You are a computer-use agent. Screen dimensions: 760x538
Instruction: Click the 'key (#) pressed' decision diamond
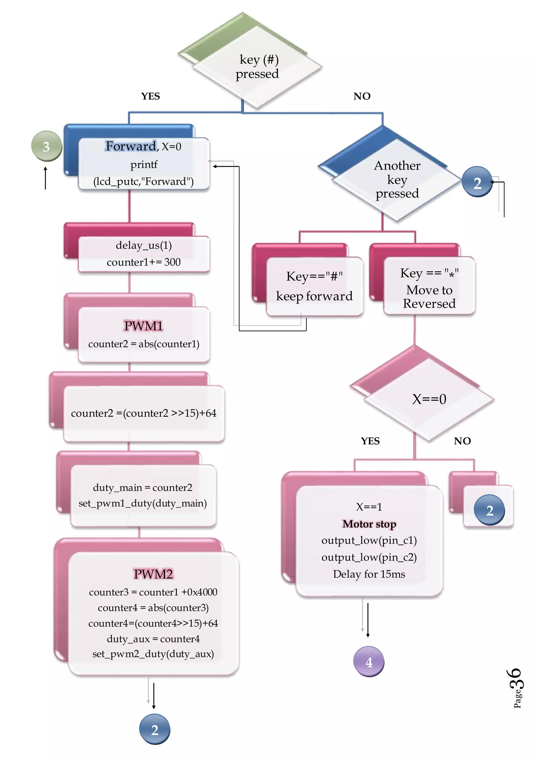[257, 67]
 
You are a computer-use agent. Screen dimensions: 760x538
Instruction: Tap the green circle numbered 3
[46, 146]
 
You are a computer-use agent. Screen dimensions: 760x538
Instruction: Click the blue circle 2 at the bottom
[154, 729]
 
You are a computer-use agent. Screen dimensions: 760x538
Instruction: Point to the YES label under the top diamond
[151, 96]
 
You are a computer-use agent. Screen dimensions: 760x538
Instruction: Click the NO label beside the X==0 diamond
[462, 441]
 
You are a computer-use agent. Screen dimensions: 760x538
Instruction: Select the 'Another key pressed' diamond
[397, 180]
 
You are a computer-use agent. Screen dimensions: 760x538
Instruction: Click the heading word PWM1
[143, 326]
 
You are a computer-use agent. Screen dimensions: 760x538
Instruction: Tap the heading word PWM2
[153, 574]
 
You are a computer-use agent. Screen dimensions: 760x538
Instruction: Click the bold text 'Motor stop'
[369, 524]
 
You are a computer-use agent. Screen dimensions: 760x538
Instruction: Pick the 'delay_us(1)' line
[143, 245]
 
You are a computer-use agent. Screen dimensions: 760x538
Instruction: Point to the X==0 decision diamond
[429, 399]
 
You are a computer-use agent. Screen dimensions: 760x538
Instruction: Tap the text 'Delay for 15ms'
[369, 574]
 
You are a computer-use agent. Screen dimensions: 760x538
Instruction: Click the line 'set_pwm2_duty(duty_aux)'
[153, 654]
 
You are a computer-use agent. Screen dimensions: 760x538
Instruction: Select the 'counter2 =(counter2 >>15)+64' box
[143, 413]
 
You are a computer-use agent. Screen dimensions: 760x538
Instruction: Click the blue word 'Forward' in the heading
[131, 146]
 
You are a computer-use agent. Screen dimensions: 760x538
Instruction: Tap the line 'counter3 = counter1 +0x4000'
[153, 592]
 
